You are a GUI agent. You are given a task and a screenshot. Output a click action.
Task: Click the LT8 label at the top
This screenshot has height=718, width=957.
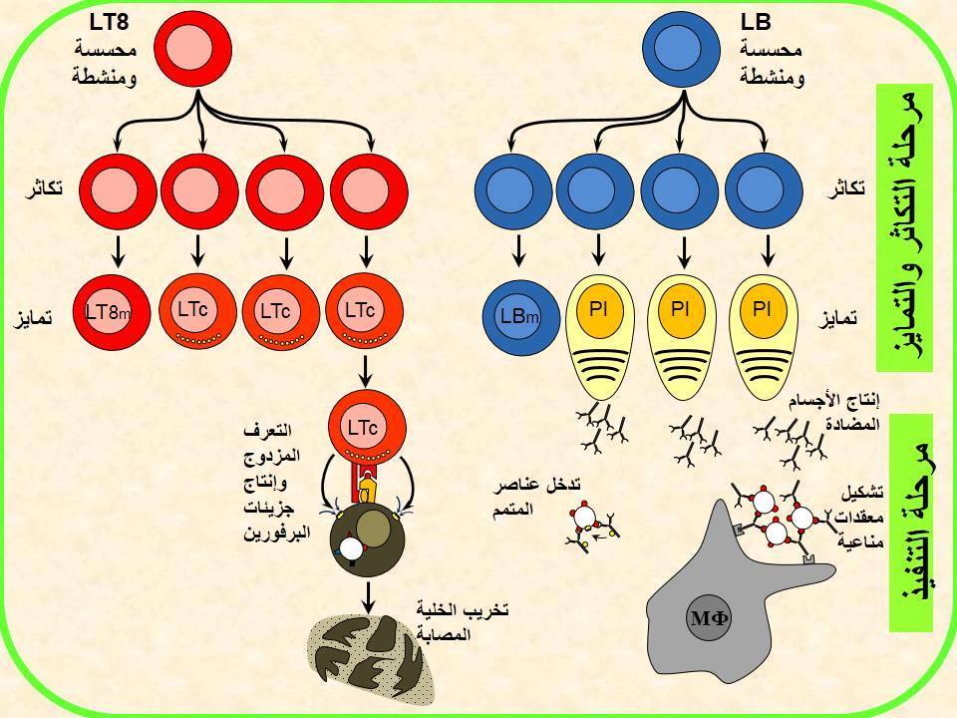click(x=110, y=23)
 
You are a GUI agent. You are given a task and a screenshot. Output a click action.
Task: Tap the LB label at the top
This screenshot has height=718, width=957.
click(x=756, y=23)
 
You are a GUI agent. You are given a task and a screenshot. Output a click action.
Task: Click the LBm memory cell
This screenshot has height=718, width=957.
click(x=520, y=317)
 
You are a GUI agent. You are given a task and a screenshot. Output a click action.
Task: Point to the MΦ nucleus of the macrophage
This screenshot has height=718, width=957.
click(x=709, y=618)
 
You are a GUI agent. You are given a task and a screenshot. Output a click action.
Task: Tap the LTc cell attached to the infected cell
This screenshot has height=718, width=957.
click(x=366, y=429)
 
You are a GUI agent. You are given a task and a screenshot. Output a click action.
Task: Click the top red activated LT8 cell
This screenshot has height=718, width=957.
click(x=192, y=50)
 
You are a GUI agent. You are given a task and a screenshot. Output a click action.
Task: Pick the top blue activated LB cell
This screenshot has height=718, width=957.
click(x=683, y=51)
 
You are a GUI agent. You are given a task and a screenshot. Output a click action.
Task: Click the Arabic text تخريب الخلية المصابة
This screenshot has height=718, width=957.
click(x=463, y=621)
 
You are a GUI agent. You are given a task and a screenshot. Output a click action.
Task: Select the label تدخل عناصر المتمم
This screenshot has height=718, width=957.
click(x=537, y=496)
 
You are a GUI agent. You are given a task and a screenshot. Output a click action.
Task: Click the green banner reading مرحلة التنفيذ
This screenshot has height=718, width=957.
click(x=911, y=523)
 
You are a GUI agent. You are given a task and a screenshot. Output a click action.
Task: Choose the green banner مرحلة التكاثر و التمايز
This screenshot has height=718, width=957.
click(x=904, y=228)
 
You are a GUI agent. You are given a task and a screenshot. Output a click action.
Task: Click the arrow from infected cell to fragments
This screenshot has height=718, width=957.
click(x=368, y=597)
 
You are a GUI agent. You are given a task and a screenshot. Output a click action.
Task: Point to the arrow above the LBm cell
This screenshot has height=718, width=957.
click(x=518, y=250)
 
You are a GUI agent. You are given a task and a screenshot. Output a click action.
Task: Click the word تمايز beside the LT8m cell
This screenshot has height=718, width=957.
click(x=32, y=318)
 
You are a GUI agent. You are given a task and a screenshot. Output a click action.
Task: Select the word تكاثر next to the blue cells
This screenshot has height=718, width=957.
click(x=846, y=188)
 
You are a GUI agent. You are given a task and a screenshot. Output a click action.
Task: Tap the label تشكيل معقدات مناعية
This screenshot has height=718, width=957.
click(x=861, y=516)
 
